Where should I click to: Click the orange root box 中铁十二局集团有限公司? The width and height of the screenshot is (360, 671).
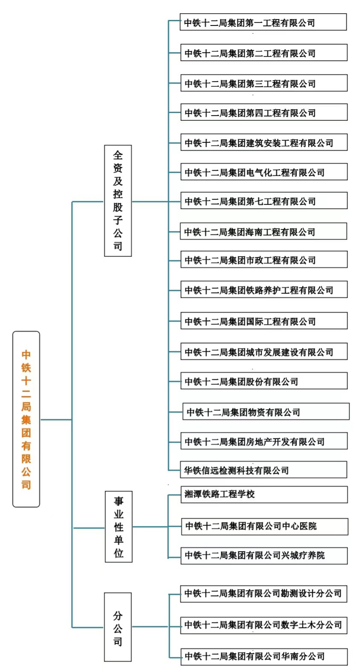click(26, 419)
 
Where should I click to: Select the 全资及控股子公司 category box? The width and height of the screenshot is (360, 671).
click(118, 201)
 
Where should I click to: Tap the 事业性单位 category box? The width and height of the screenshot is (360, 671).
click(119, 526)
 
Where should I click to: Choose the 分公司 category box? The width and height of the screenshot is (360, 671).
click(118, 627)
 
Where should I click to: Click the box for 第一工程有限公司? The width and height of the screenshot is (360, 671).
click(263, 22)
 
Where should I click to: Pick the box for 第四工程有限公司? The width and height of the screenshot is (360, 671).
click(264, 112)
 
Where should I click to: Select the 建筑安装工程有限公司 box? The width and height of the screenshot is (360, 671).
click(264, 142)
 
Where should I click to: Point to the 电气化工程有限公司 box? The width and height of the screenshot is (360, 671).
click(264, 172)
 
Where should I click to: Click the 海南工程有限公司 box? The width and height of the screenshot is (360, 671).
click(263, 231)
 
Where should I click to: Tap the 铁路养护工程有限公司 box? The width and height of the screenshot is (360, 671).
click(264, 290)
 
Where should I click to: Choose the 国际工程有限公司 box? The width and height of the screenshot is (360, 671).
click(264, 321)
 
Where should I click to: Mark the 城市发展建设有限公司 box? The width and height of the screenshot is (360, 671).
click(264, 351)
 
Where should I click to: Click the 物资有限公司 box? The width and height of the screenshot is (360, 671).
click(266, 412)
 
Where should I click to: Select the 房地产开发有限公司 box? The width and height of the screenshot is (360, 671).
click(264, 441)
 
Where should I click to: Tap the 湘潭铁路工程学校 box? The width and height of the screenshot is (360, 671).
click(264, 495)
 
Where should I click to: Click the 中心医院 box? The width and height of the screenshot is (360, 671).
click(265, 526)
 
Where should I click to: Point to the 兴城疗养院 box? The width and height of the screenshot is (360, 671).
click(264, 556)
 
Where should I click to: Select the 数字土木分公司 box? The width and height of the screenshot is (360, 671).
click(264, 626)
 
